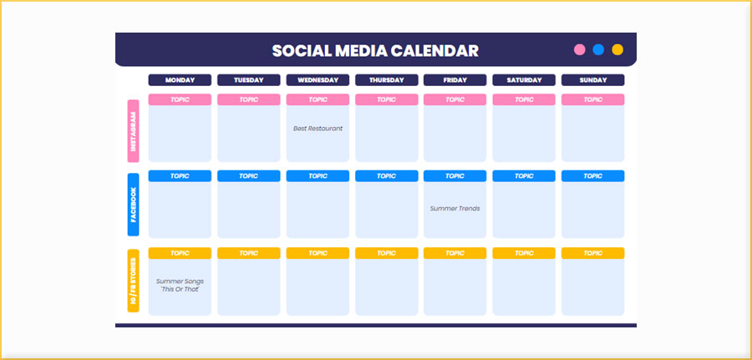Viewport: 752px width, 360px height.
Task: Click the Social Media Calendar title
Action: [x=375, y=50]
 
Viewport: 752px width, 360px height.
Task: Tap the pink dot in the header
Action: [x=580, y=49]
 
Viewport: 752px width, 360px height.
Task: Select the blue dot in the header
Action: [x=598, y=49]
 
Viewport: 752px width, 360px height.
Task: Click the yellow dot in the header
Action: [x=617, y=49]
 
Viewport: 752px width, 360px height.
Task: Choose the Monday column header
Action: [x=180, y=80]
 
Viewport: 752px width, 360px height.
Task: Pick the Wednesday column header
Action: [x=318, y=80]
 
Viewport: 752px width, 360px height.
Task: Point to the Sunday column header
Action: [x=592, y=80]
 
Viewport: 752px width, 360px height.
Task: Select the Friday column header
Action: [x=455, y=80]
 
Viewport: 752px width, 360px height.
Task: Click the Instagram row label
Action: [x=133, y=131]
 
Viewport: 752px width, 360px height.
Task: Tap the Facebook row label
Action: [x=133, y=205]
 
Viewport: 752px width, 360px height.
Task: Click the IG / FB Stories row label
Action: [x=133, y=281]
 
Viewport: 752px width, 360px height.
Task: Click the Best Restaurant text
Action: [x=318, y=129]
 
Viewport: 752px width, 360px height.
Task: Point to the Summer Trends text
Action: [x=455, y=208]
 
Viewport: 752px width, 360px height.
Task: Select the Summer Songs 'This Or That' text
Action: [x=180, y=285]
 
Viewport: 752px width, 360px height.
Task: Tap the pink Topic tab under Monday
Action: [x=180, y=99]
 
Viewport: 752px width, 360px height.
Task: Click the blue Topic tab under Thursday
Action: [x=386, y=176]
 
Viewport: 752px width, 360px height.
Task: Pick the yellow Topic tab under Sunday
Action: [x=592, y=253]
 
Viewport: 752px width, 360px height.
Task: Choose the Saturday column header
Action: [x=524, y=80]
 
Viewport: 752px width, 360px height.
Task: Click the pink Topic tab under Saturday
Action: [x=524, y=99]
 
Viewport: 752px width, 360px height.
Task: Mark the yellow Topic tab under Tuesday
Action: [x=249, y=253]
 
